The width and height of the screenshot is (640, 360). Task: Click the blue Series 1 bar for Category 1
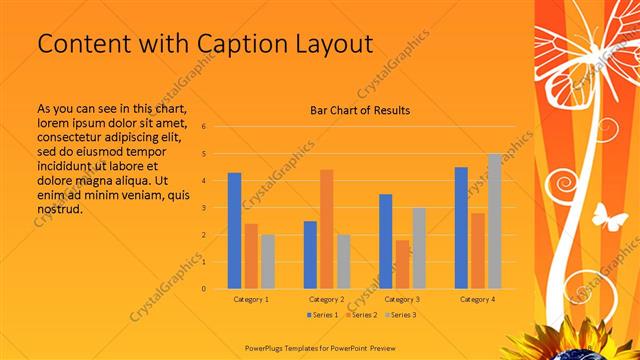point(234,230)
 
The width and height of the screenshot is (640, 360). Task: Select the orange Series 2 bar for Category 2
point(326,229)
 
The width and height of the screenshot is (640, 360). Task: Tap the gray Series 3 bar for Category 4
point(494,221)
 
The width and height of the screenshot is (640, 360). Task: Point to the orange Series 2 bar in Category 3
point(402,264)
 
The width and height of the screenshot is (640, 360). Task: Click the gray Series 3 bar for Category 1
point(267,261)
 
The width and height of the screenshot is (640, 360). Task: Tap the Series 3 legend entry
point(399,315)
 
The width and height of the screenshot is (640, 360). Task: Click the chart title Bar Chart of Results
point(360,110)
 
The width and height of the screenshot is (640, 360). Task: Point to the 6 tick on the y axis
point(203,127)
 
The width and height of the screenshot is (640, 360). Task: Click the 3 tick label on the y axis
point(203,208)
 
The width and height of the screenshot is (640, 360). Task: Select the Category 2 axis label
point(326,299)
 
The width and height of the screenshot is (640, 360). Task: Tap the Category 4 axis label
point(477,299)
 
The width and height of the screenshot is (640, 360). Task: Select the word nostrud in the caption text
point(57,209)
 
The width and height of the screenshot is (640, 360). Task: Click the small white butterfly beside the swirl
point(609,215)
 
